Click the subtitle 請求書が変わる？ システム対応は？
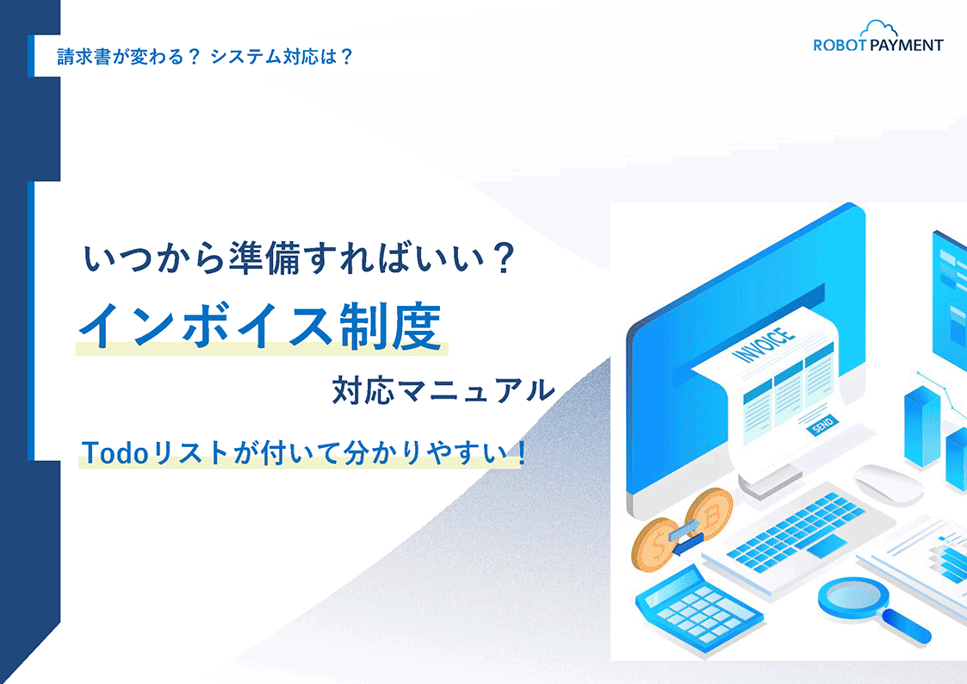pos(205,57)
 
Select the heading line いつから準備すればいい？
pos(299,258)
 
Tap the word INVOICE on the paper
pos(764,345)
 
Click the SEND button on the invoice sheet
pos(822,425)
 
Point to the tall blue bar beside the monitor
pos(922,426)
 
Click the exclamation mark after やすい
pos(522,453)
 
